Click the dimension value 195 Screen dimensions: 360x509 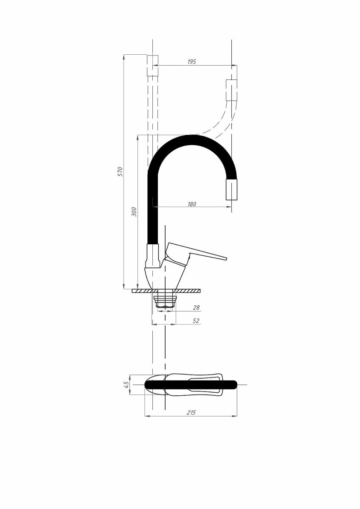click(x=191, y=62)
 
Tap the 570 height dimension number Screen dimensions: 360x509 click(x=121, y=171)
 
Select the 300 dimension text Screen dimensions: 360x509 click(x=135, y=212)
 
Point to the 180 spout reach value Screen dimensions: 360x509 click(x=192, y=204)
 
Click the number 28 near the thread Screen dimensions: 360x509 click(x=196, y=308)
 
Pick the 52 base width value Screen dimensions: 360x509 click(x=196, y=321)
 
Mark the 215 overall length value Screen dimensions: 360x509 click(x=191, y=412)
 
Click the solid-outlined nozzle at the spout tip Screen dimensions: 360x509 click(x=231, y=189)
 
